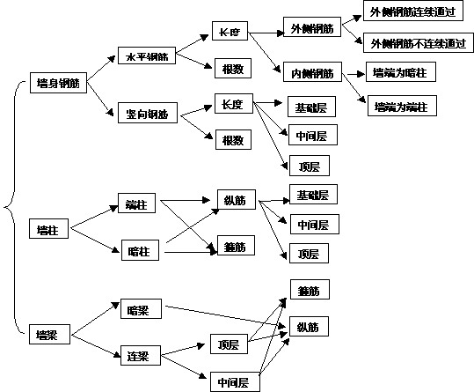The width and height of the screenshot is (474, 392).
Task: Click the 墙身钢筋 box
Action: (57, 84)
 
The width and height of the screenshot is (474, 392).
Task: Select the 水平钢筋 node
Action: (146, 57)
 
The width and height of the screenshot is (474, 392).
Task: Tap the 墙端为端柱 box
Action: (400, 107)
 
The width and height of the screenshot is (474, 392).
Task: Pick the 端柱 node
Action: (135, 205)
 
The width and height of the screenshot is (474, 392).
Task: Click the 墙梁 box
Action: (47, 334)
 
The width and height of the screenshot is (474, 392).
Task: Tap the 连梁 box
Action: (137, 356)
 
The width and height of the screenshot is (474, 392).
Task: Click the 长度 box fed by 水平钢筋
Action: (230, 32)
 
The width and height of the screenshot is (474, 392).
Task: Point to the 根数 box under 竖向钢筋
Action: (232, 139)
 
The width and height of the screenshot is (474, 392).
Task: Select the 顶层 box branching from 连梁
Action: (228, 343)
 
